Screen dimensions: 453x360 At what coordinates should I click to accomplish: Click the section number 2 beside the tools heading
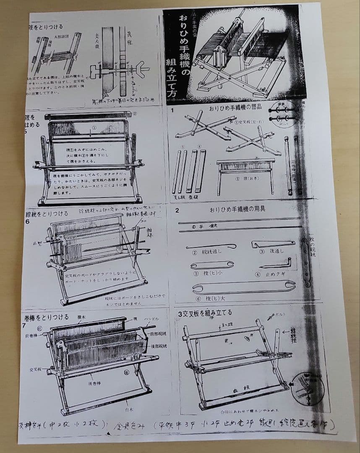pyautogui.click(x=177, y=210)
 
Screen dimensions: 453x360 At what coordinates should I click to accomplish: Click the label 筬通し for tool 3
pyautogui.click(x=272, y=252)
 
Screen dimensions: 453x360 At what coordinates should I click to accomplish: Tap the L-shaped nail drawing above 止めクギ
pyautogui.click(x=274, y=265)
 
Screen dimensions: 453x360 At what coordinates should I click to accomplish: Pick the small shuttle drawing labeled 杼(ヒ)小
pyautogui.click(x=212, y=265)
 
